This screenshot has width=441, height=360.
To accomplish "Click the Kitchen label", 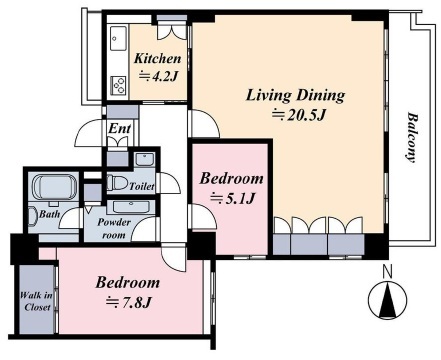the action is (158, 59).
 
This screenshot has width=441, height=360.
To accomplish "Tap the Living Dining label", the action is (295, 95).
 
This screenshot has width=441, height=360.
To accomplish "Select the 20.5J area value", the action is (299, 115).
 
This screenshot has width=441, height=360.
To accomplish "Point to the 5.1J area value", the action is (233, 199).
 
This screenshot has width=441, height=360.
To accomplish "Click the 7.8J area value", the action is (129, 302).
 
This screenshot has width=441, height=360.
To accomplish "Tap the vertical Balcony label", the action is (413, 138).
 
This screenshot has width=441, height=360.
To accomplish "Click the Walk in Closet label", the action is (36, 301).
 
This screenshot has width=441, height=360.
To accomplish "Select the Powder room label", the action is (114, 229).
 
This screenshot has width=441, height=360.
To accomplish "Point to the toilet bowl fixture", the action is (117, 183).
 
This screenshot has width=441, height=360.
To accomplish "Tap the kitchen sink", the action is (118, 38).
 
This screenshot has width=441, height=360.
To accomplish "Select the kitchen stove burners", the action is (118, 85).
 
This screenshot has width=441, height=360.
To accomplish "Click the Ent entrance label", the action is (120, 128).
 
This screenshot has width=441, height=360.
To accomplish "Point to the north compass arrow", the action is (387, 299).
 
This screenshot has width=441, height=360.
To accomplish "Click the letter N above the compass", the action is (387, 271).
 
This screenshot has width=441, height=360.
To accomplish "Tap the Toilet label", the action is (142, 186).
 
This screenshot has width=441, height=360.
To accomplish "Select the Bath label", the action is (50, 214).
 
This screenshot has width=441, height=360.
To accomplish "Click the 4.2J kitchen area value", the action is (157, 77).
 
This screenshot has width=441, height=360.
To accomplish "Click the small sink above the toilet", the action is (144, 159).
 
